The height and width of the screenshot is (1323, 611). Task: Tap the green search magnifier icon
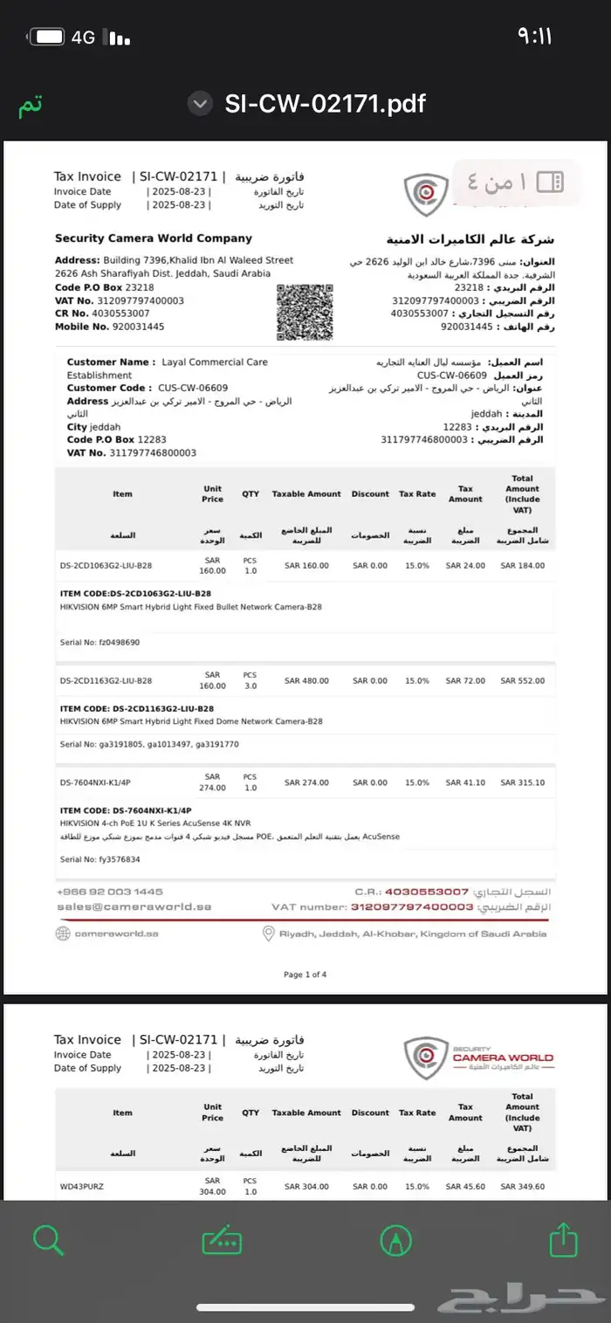coord(47,1239)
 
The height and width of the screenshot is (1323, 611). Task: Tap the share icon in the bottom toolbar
coord(564,1239)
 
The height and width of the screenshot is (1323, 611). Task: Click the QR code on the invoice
coord(305,312)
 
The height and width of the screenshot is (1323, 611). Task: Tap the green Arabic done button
coord(31,105)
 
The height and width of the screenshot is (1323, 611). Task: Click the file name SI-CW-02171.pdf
coord(325,104)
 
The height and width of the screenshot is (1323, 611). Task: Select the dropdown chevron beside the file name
coord(201,104)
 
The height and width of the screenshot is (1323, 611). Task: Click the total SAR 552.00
coord(522,680)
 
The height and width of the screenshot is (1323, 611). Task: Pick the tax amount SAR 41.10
coord(465,782)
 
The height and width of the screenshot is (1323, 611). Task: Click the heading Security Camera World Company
coord(154,238)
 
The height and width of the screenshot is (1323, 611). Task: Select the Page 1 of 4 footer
coord(305,975)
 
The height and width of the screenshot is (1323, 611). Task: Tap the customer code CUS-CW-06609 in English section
coord(193,388)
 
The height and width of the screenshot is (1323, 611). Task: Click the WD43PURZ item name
coord(82,1186)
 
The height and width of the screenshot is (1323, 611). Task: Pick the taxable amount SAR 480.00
coord(306,680)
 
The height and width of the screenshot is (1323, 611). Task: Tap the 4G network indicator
coord(83,37)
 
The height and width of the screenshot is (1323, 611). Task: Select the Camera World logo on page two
coord(478,1058)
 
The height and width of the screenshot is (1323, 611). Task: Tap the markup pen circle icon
coord(396,1239)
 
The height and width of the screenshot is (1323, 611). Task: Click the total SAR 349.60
coord(522,1186)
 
